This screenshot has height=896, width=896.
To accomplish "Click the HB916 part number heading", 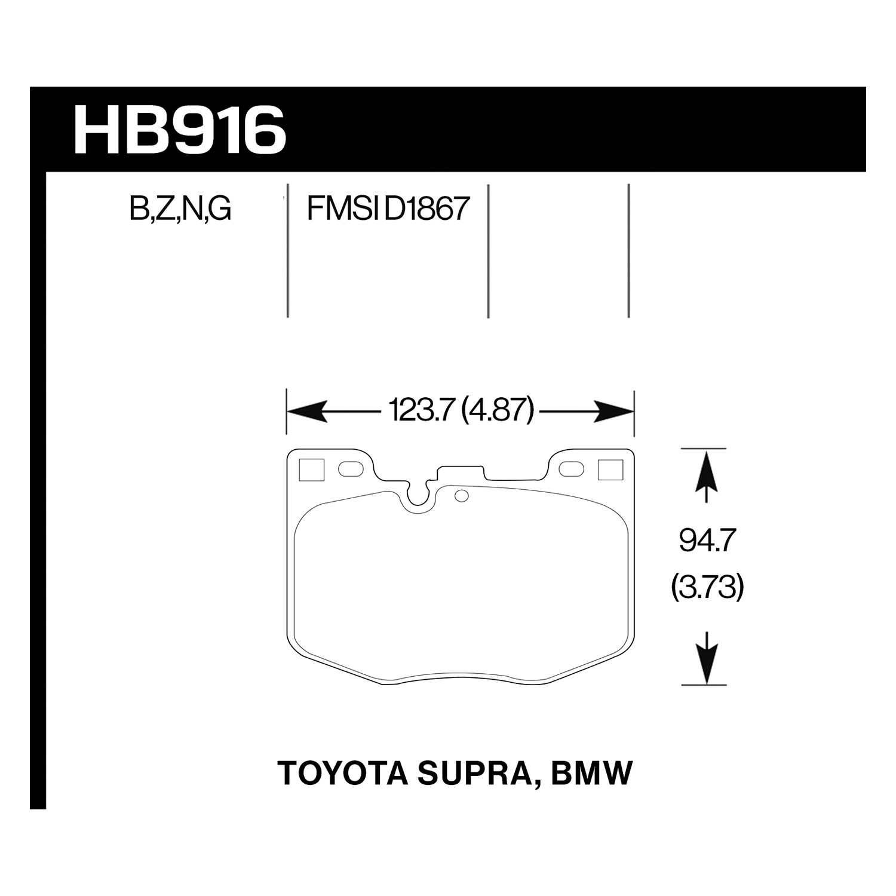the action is pos(180,129).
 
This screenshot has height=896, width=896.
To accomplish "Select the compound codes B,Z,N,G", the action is pos(180,210).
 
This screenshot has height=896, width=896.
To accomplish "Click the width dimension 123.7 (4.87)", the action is pos(460,411).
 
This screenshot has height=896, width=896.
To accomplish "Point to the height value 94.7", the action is pos(705,542).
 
